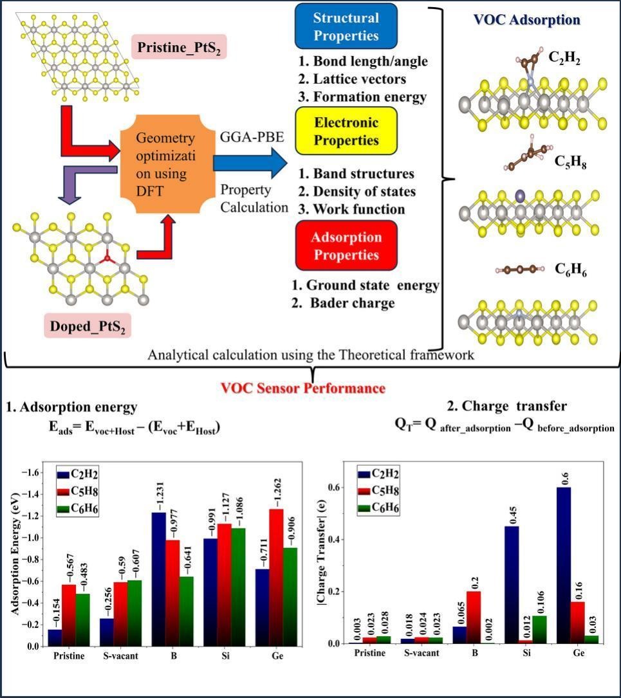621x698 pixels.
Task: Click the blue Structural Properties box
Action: tap(346, 26)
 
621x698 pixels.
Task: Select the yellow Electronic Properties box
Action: tap(346, 131)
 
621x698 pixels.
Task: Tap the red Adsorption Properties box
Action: tap(346, 246)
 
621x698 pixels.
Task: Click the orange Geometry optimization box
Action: tap(166, 164)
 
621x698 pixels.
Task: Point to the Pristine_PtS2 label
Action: tap(178, 47)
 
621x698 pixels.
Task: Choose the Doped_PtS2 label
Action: tap(88, 326)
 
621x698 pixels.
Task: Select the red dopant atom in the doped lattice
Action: tap(107, 258)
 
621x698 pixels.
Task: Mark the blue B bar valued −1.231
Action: tap(159, 579)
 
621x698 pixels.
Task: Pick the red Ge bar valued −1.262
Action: tap(277, 577)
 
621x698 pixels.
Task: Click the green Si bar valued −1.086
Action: tap(238, 587)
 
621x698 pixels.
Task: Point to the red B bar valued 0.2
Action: tap(473, 618)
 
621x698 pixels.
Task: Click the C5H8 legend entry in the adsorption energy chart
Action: tap(77, 491)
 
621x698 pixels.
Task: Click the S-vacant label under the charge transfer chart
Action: tap(422, 653)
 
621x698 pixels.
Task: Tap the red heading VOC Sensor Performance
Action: tap(302, 388)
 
